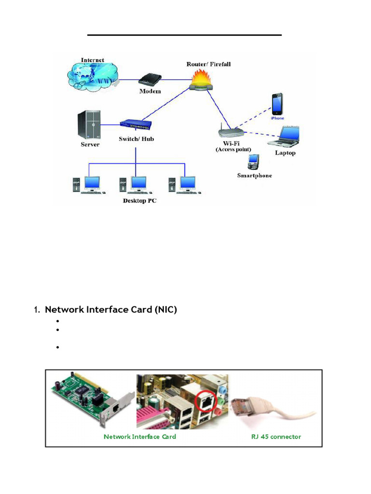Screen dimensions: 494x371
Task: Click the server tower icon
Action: [90, 123]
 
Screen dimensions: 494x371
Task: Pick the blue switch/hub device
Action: [136, 125]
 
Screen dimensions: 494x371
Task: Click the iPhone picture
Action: [277, 104]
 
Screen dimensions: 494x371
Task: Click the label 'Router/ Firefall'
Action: [209, 64]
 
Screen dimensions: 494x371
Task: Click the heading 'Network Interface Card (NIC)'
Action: [111, 310]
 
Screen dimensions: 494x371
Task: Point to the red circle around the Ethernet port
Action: [205, 400]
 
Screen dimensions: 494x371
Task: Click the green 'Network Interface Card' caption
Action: [140, 437]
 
